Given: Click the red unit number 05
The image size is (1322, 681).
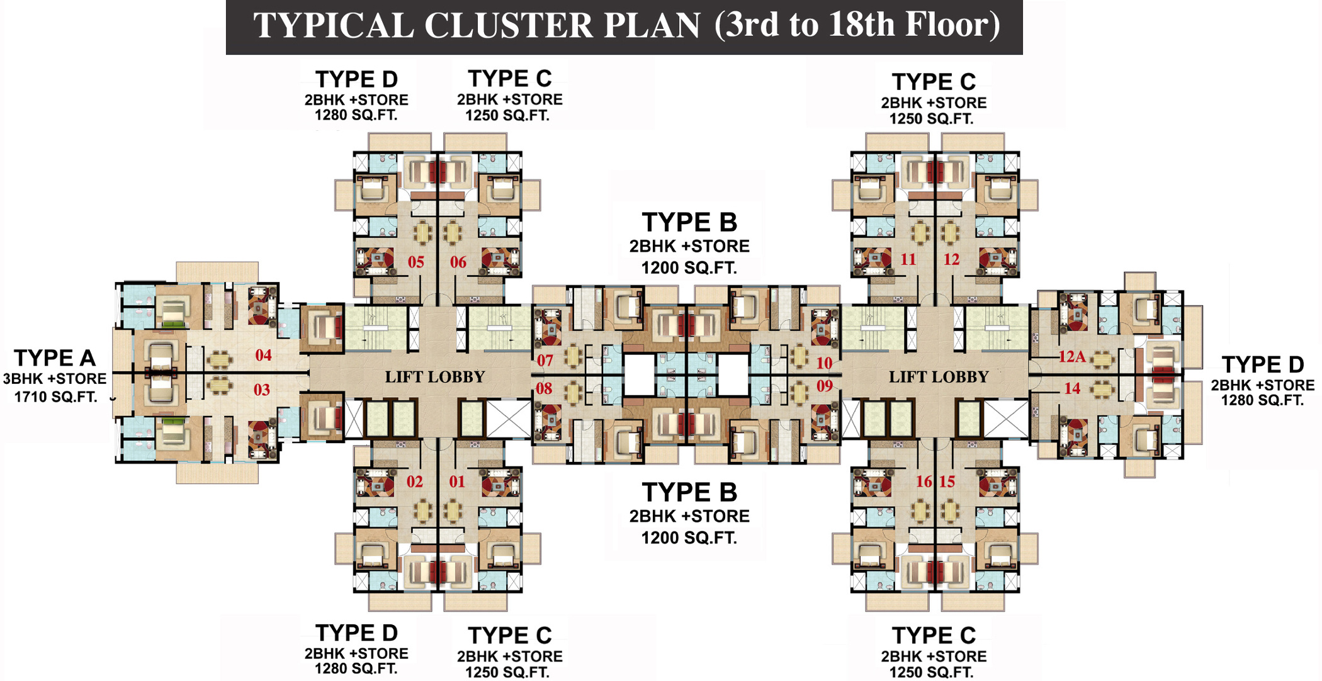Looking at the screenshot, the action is [x=416, y=262].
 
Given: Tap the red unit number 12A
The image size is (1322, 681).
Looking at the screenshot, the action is [x=1071, y=357].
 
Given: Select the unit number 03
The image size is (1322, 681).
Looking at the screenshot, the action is [x=262, y=390].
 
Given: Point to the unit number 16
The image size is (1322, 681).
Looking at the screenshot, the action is [x=924, y=481].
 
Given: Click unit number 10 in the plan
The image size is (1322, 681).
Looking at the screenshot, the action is [x=824, y=363].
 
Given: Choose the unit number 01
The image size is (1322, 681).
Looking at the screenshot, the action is [x=457, y=481].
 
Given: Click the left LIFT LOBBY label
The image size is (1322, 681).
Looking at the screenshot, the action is [x=435, y=377].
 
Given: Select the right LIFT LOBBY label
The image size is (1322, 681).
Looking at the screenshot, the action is [x=939, y=377].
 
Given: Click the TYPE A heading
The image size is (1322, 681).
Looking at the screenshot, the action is [x=55, y=357].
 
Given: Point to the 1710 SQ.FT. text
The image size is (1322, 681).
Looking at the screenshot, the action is [x=55, y=397].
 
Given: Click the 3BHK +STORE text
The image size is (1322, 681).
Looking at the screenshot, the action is [x=55, y=379].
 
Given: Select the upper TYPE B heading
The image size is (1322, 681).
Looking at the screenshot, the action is [x=689, y=222].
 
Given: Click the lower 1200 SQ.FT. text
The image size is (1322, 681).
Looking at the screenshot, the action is [x=689, y=537].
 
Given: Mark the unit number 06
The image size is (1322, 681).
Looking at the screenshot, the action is [x=458, y=262].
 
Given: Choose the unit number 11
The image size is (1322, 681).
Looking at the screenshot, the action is [x=908, y=259].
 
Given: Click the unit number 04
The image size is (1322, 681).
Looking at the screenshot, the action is [x=263, y=356].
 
